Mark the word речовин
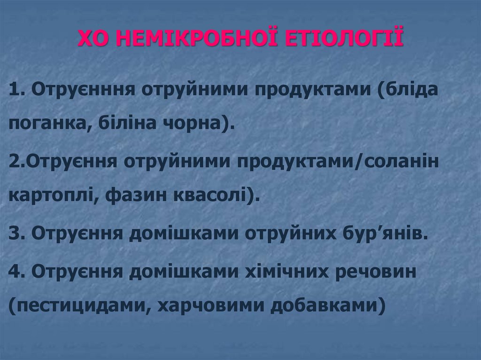(x=376, y=271)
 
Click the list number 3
(x=14, y=233)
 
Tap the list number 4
(x=14, y=271)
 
